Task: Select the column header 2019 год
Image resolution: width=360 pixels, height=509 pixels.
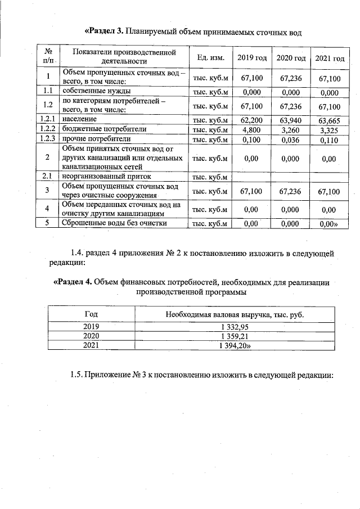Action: (x=251, y=58)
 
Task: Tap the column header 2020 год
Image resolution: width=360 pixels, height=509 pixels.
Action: (x=291, y=58)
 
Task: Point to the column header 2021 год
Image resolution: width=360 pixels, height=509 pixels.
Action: (x=330, y=58)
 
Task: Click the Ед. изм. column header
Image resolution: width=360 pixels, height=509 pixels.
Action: (x=211, y=58)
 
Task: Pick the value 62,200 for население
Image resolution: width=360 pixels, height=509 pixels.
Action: (x=251, y=120)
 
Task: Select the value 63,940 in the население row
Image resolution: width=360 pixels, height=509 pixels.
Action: (x=291, y=120)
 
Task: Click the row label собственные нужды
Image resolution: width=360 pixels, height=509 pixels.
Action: (x=97, y=91)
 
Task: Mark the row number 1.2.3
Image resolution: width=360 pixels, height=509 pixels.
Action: (x=48, y=139)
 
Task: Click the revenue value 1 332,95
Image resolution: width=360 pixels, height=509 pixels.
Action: (x=235, y=326)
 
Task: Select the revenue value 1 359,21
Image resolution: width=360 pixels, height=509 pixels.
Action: (x=235, y=336)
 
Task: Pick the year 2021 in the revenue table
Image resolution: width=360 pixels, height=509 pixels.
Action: (x=91, y=346)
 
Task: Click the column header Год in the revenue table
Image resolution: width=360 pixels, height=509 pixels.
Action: (x=91, y=314)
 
